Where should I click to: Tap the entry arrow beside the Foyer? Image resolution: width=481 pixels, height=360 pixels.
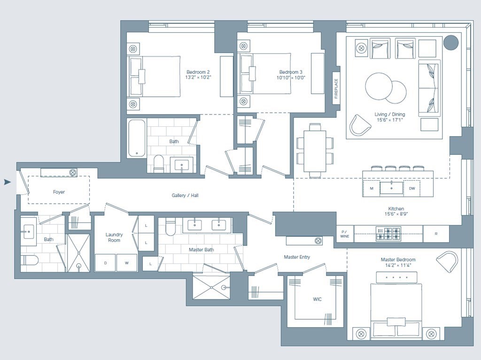point(7,182)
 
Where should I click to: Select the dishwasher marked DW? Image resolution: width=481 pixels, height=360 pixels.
point(411,188)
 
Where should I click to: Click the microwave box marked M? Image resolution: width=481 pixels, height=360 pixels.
point(371,188)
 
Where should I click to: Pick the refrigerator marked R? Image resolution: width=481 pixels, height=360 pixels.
point(436,234)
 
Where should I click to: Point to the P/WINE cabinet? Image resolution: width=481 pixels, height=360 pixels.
point(345,234)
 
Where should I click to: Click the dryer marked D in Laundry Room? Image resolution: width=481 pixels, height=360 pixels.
point(105,263)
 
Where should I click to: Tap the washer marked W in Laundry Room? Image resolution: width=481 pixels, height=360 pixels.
point(126,263)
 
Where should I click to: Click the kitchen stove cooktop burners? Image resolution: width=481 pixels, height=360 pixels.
point(388,234)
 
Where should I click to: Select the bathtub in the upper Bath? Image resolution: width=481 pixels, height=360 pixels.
point(137,138)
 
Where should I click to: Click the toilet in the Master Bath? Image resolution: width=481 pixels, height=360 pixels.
point(171,227)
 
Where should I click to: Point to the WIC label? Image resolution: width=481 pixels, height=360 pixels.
point(317,299)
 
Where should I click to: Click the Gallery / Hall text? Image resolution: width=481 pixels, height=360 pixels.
point(185,195)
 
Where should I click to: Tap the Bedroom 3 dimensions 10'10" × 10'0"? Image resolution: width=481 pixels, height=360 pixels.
point(291,78)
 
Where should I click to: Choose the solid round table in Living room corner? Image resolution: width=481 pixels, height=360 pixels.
point(451,43)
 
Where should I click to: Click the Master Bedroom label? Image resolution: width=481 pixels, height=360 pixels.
point(398,260)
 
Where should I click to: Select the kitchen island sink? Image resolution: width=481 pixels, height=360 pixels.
point(391,188)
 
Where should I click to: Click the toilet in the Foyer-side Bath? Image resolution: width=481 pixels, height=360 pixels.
point(29,260)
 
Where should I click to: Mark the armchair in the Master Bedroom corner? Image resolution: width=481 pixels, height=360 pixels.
point(447,262)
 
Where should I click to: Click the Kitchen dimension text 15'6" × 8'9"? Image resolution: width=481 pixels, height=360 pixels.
point(396,214)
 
